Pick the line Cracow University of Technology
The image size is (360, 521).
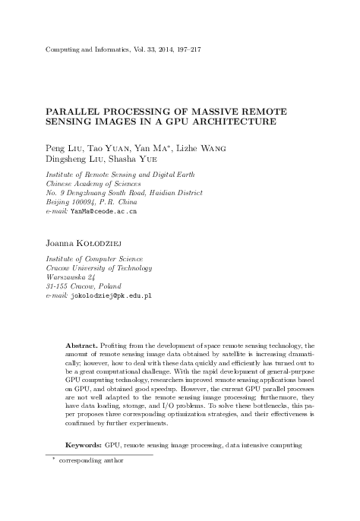[99, 267]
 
